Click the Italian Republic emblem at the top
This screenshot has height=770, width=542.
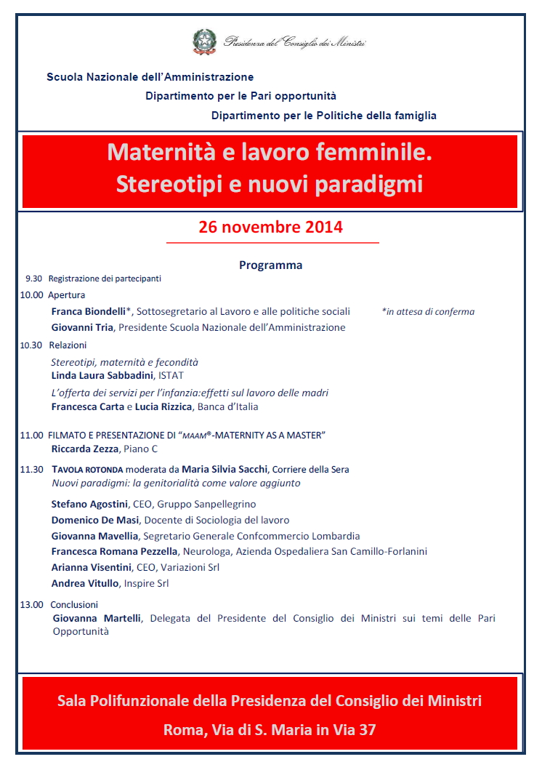pyautogui.click(x=204, y=41)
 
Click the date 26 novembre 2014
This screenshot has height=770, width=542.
pyautogui.click(x=271, y=227)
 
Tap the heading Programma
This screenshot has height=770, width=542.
pyautogui.click(x=270, y=265)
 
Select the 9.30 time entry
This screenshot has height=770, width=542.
pyautogui.click(x=33, y=278)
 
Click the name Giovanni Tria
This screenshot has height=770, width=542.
pyautogui.click(x=82, y=327)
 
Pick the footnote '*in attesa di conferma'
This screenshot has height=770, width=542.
pyautogui.click(x=428, y=311)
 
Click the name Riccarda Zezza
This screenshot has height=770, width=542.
pyautogui.click(x=84, y=449)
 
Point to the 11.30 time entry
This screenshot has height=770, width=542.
pyautogui.click(x=32, y=470)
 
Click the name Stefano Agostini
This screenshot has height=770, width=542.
pyautogui.click(x=89, y=504)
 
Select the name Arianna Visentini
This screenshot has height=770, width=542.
pyautogui.click(x=92, y=567)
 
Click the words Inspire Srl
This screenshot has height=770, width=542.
pyautogui.click(x=147, y=583)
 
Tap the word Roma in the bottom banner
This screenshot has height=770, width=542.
pyautogui.click(x=183, y=729)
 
